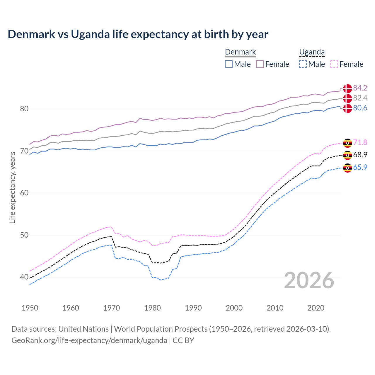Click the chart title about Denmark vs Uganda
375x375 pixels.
(x=138, y=34)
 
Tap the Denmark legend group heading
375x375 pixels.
(x=241, y=52)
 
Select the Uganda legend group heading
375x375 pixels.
(x=312, y=52)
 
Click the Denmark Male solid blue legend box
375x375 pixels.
(x=229, y=64)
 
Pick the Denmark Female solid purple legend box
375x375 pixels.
(x=260, y=64)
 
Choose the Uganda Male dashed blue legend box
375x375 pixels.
(x=303, y=64)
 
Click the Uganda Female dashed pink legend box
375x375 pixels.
(x=334, y=64)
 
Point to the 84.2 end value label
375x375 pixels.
(x=360, y=88)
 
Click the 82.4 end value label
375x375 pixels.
(x=360, y=98)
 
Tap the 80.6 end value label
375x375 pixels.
(x=360, y=108)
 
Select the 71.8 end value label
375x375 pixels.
(x=360, y=142)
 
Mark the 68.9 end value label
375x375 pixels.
(x=360, y=155)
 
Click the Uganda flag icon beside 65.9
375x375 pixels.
(x=347, y=168)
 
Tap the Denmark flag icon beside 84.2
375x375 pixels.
(x=347, y=88)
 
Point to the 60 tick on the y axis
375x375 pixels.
(x=24, y=193)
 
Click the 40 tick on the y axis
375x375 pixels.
(x=24, y=277)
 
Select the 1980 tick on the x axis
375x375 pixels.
(x=152, y=308)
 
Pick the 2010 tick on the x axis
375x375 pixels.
(x=275, y=308)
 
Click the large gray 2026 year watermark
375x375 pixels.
(x=309, y=280)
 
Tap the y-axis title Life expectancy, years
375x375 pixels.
(x=12, y=187)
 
